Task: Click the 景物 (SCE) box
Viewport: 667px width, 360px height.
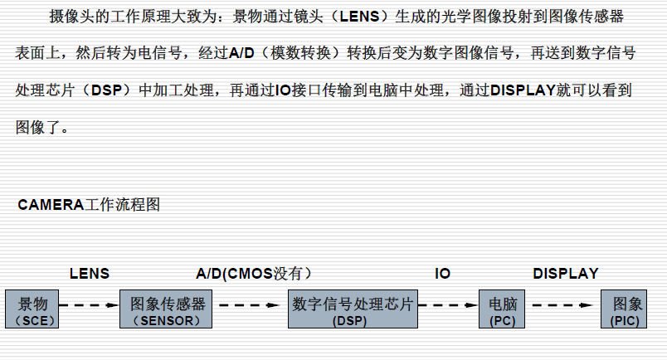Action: [33, 309]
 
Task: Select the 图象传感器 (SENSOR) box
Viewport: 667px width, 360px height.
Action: [168, 309]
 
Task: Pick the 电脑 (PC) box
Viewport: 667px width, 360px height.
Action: [503, 309]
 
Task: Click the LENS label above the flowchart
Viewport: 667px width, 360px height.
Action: [90, 273]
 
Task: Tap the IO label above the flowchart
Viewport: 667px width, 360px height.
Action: [443, 273]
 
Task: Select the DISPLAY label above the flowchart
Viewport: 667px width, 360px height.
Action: [565, 273]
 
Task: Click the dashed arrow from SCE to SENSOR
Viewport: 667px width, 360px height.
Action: [90, 305]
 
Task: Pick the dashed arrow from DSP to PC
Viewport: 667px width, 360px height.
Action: [449, 305]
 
